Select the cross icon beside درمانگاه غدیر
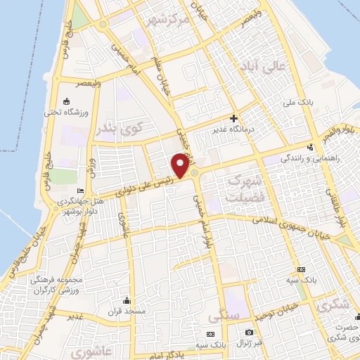233,118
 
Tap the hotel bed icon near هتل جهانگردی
80,191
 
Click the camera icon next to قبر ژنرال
249,332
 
